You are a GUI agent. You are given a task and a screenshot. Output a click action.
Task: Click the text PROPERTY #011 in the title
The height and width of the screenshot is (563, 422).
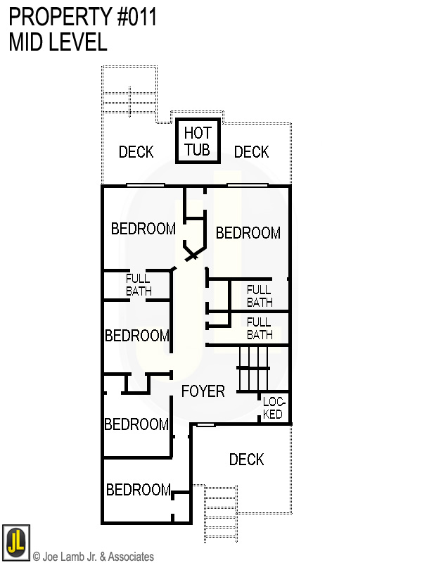coord(83,16)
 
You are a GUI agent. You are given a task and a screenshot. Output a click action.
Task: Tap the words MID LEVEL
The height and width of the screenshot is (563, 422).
coord(58,42)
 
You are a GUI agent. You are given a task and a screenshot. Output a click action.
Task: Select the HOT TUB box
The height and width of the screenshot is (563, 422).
coord(198,141)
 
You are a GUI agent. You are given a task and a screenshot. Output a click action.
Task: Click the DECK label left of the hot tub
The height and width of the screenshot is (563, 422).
coord(136,152)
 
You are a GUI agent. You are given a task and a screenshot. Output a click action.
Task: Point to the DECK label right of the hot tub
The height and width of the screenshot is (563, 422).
coord(251,152)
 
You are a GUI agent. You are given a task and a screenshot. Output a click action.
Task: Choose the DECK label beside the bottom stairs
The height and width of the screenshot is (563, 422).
coord(247,460)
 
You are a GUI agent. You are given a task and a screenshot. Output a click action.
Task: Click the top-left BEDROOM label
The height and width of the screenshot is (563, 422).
coord(143,229)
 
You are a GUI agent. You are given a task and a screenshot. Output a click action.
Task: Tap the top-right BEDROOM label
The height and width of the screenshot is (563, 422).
coord(248,233)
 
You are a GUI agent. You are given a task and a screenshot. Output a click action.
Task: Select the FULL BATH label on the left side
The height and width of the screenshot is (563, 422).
coord(138,285)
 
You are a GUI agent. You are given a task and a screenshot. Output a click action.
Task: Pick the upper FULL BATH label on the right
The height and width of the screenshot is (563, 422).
coord(260,296)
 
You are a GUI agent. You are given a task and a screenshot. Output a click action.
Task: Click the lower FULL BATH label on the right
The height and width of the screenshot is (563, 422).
coord(260,329)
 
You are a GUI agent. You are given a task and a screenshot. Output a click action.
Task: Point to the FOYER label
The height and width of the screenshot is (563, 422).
coord(203,391)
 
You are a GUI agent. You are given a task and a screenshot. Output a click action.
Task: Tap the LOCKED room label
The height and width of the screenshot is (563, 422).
coord(272,408)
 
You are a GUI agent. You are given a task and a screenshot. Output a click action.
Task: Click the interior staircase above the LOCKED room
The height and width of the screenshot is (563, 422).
coord(253,368)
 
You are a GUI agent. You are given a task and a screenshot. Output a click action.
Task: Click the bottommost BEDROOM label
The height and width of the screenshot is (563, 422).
coord(138,490)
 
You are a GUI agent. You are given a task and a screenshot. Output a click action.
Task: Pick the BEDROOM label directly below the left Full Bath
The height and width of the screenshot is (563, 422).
coord(136,336)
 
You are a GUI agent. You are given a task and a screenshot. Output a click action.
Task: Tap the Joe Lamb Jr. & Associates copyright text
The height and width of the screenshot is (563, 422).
coord(93,557)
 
